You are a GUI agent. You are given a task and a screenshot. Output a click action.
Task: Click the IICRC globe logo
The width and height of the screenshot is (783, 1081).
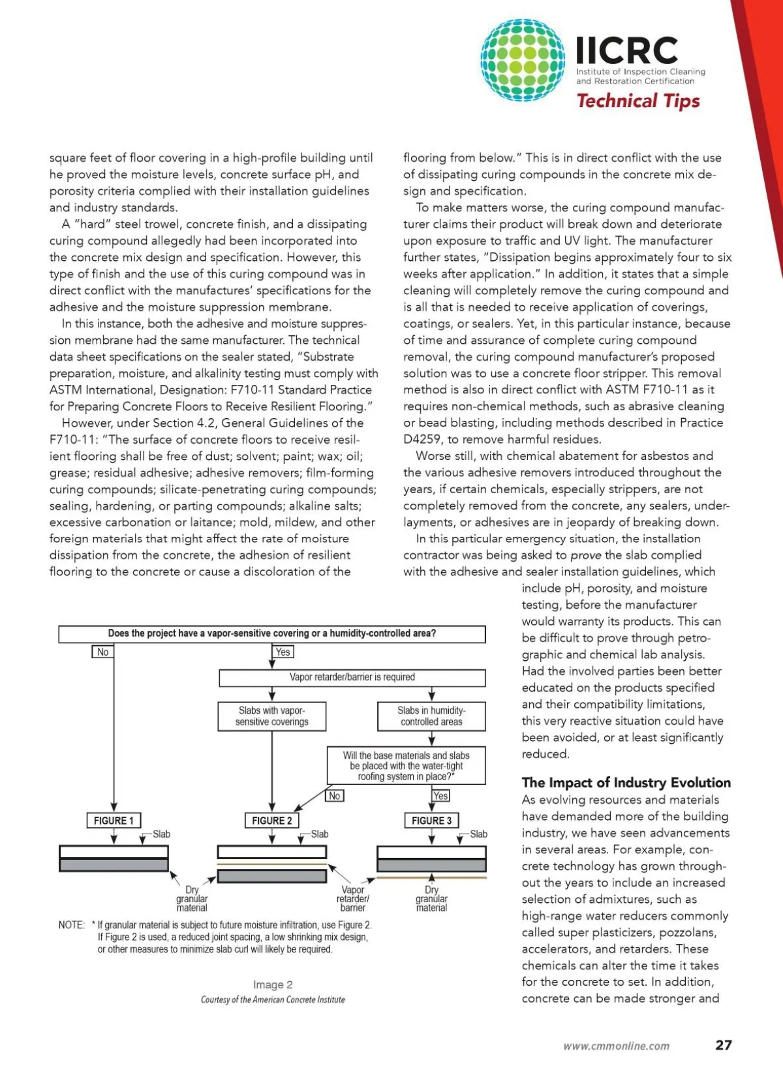point(523,60)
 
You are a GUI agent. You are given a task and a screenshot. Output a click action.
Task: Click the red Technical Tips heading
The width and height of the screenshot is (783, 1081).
point(638,101)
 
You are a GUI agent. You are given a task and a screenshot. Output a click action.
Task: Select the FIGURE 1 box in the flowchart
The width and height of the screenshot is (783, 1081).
point(114,820)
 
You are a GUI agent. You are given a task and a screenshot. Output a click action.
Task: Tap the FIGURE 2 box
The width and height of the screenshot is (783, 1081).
point(272,820)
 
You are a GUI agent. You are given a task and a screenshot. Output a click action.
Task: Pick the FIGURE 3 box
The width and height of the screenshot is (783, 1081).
point(431,820)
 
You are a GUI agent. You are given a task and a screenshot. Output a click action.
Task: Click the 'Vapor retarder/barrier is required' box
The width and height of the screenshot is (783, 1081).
point(352,677)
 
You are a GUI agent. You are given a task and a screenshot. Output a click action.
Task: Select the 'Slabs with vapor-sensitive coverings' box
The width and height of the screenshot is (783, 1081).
point(272,716)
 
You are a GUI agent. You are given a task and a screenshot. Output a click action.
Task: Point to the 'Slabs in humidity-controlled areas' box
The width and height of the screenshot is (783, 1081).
point(431,716)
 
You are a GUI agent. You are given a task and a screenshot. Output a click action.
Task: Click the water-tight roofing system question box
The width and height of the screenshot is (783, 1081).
point(406,765)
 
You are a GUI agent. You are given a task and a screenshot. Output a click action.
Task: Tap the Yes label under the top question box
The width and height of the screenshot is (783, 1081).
point(283,652)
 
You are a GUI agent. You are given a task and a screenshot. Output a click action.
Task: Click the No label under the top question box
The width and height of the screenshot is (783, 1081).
point(102,652)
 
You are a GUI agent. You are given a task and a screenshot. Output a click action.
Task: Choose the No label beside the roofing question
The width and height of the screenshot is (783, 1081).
point(334,795)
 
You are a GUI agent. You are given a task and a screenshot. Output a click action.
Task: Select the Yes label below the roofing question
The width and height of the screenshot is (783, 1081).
point(440,795)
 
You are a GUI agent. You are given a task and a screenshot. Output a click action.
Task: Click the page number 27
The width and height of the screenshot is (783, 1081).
point(724,1044)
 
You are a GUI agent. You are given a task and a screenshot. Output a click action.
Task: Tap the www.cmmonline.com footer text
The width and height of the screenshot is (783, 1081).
point(616,1046)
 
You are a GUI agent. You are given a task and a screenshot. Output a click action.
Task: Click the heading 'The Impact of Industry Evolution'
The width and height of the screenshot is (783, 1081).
point(626,782)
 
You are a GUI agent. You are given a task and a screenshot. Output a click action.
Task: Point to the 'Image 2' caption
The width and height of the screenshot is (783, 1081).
point(273,984)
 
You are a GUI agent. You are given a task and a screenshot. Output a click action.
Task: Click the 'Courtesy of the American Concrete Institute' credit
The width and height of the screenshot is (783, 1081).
point(273,999)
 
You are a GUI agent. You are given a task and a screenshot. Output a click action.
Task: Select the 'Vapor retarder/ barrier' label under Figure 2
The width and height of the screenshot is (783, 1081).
point(353,898)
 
